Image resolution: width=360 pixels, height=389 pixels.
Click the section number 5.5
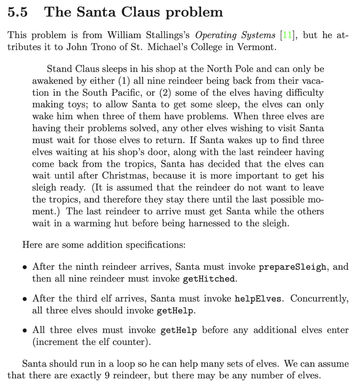coord(17,13)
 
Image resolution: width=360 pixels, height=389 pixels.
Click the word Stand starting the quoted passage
coord(58,69)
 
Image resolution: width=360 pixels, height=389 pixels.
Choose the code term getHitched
coord(208,279)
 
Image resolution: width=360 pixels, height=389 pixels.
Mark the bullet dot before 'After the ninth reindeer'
coord(25,267)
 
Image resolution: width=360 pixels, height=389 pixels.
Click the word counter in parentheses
coord(128,342)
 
